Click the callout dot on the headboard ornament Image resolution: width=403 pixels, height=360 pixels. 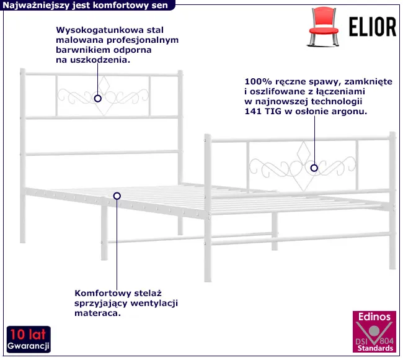[98, 98]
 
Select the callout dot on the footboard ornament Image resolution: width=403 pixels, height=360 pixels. [314, 168]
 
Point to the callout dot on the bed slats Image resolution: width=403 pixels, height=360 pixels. [117, 196]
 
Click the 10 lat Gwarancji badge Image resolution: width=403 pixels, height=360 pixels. [29, 339]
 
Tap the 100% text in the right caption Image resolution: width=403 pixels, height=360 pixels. [257, 81]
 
